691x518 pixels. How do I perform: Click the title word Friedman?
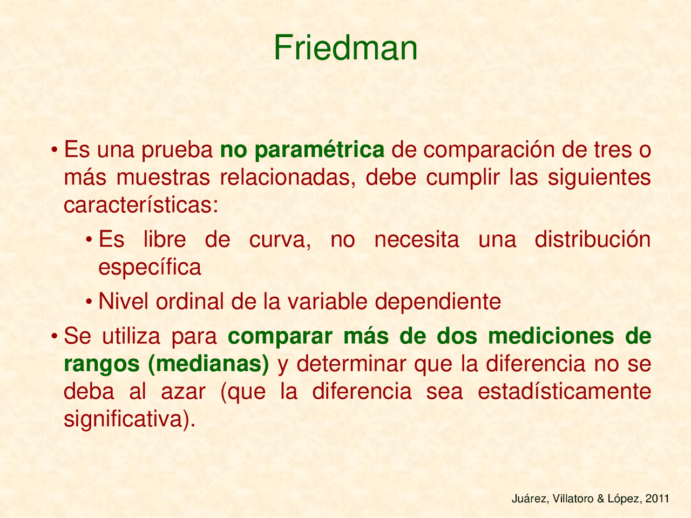pos(345,47)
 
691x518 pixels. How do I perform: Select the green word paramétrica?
pos(320,150)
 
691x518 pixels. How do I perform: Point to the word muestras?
pos(162,178)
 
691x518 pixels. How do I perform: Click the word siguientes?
pos(599,178)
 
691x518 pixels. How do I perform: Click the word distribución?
pos(593,240)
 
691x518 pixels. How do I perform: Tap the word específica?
pos(150,267)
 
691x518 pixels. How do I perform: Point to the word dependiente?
pos(438,301)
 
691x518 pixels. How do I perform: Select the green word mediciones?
pos(551,336)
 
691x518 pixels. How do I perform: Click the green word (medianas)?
pos(208,364)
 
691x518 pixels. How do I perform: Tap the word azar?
pos(184,392)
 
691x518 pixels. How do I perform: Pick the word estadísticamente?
pos(565,392)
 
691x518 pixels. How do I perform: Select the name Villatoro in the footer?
pos(573,500)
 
